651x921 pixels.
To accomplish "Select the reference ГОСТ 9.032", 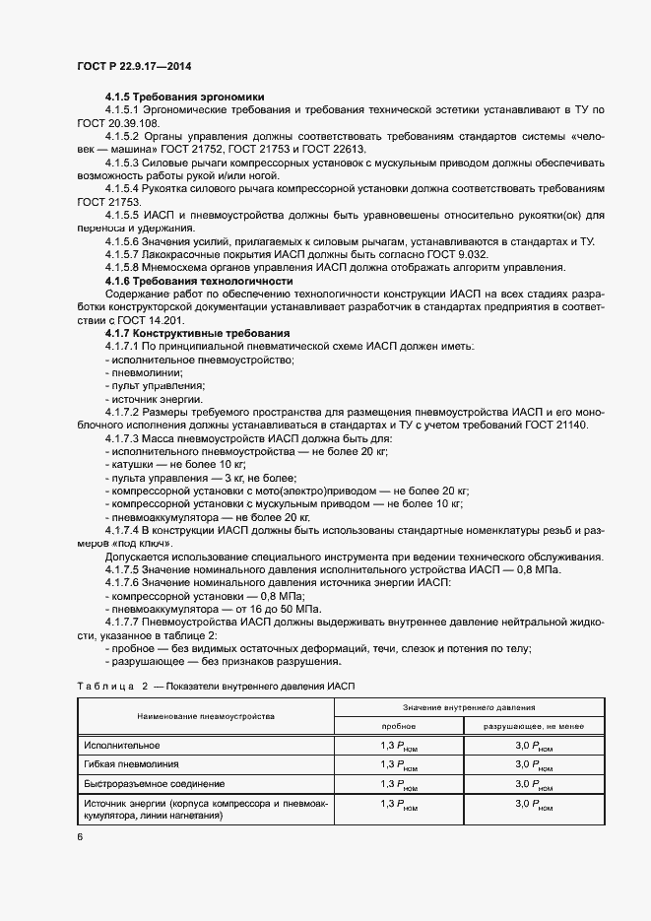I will click(x=461, y=254).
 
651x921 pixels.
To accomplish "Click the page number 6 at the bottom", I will click(x=80, y=836).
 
